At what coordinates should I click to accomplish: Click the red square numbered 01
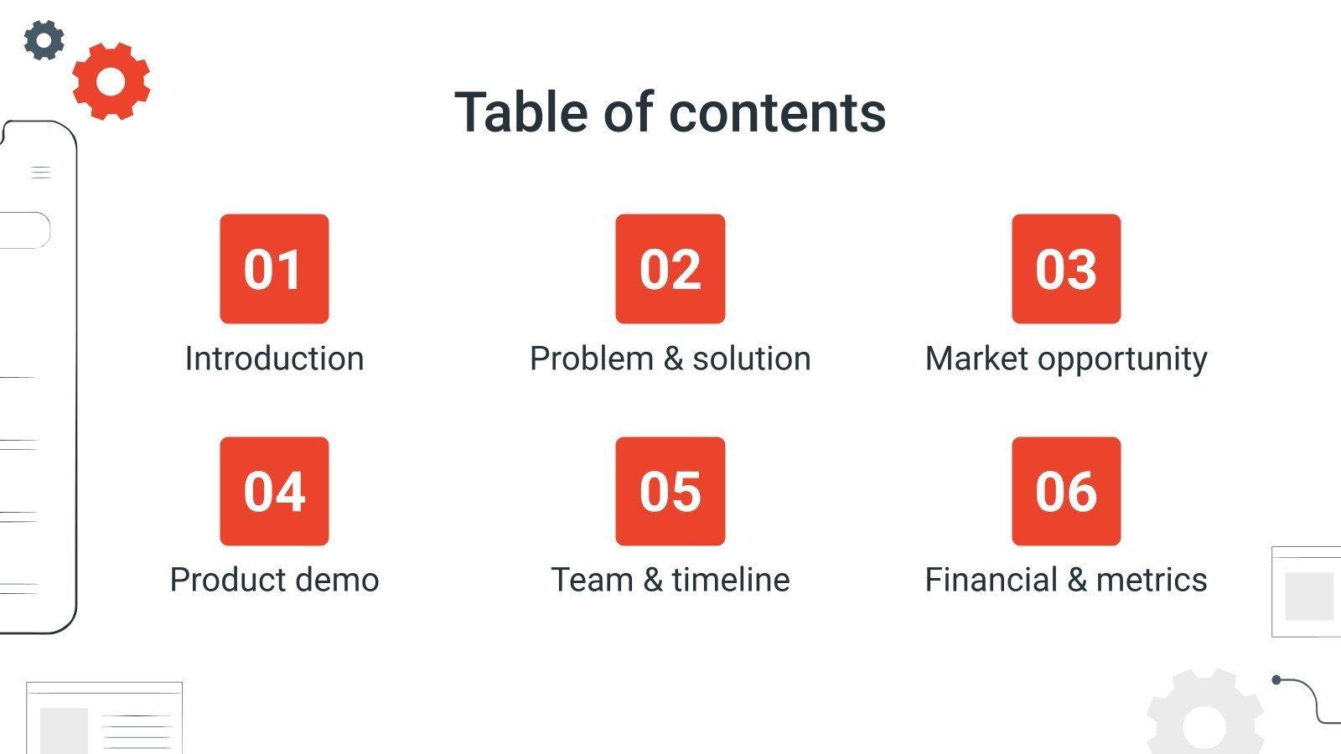pyautogui.click(x=274, y=269)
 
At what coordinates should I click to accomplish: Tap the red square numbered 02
pyautogui.click(x=670, y=269)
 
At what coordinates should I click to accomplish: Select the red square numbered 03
pyautogui.click(x=1066, y=269)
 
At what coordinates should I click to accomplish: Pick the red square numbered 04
pyautogui.click(x=274, y=491)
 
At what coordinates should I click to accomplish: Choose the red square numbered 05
pyautogui.click(x=670, y=491)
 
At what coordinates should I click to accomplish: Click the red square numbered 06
pyautogui.click(x=1066, y=491)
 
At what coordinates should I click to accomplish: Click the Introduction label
pyautogui.click(x=274, y=359)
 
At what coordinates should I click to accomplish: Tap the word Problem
pyautogui.click(x=592, y=359)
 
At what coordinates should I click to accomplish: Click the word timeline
pyautogui.click(x=731, y=580)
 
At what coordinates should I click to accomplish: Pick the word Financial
pyautogui.click(x=992, y=580)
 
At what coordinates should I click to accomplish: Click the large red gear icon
pyautogui.click(x=111, y=81)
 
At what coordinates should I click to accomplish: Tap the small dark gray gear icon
pyautogui.click(x=44, y=39)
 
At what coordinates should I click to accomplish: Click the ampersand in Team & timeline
pyautogui.click(x=653, y=580)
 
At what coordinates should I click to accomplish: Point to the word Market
pyautogui.click(x=976, y=359)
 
